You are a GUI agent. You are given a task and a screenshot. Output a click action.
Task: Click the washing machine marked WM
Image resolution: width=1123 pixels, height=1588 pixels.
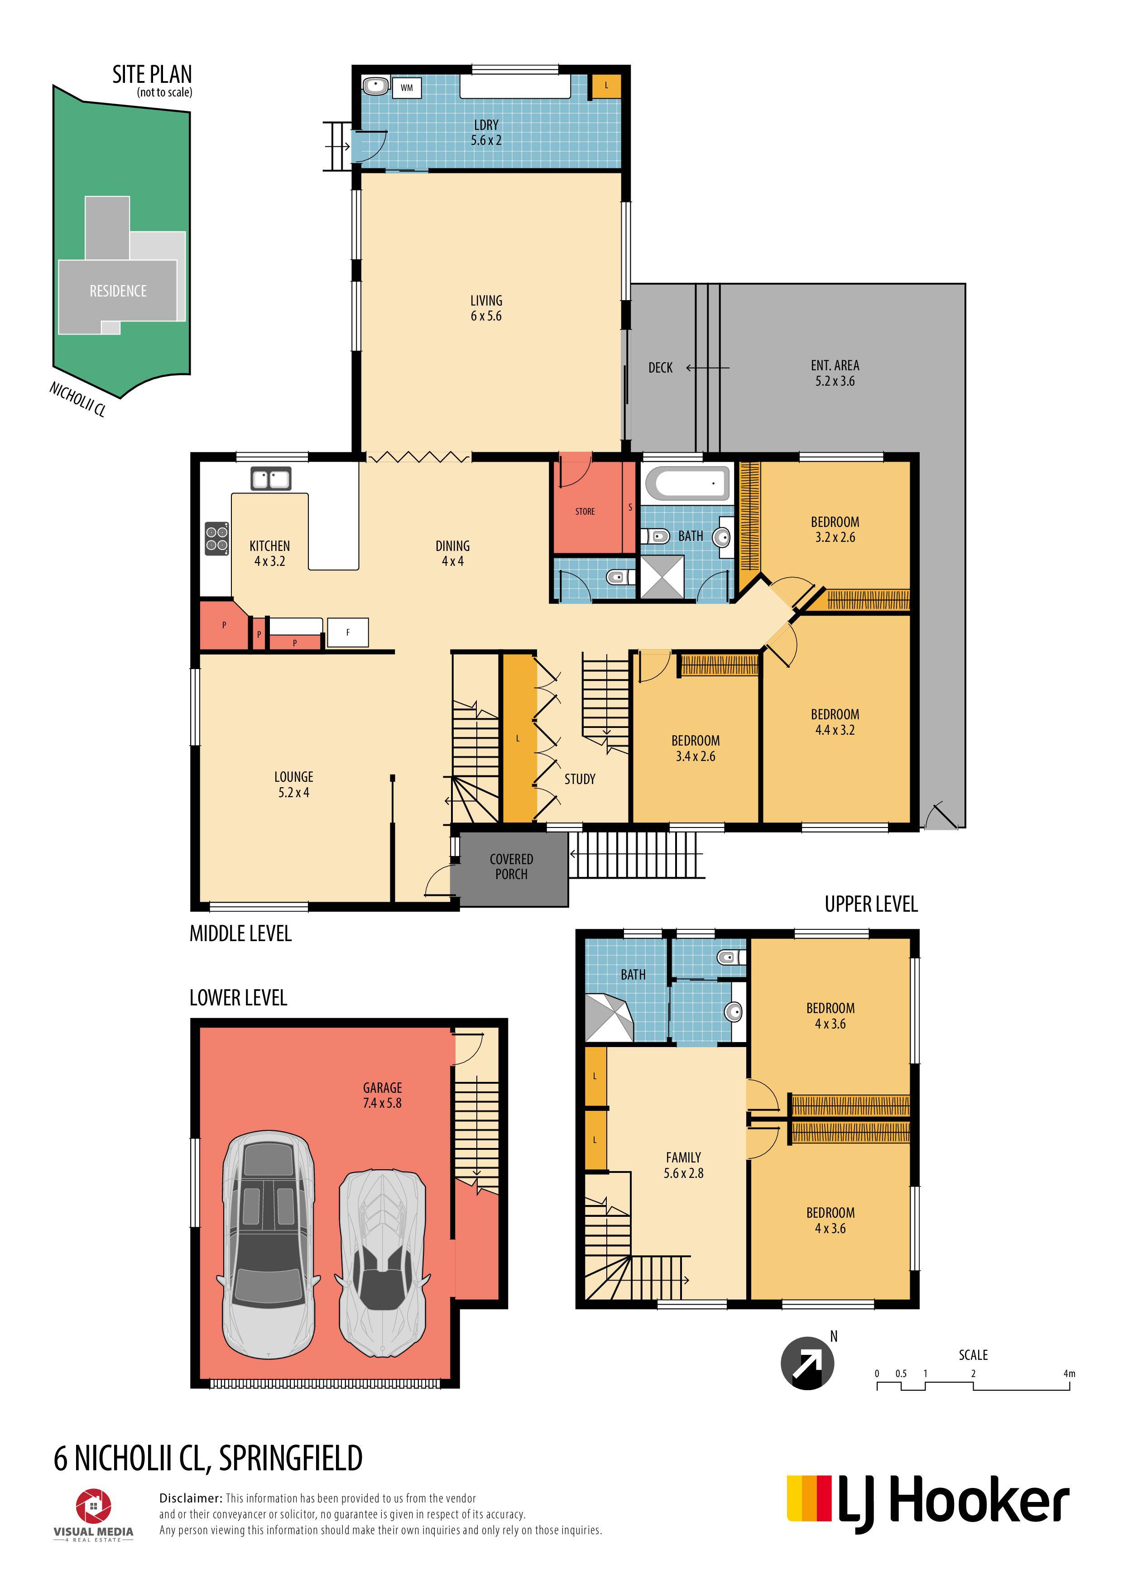[x=407, y=88]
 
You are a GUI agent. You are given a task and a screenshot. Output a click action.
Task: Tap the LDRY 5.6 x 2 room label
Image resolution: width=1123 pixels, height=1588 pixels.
[x=486, y=132]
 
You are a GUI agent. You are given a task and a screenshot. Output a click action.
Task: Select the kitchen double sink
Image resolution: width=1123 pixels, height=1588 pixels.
[x=270, y=478]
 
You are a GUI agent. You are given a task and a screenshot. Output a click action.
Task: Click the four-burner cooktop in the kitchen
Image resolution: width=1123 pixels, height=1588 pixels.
[x=216, y=539]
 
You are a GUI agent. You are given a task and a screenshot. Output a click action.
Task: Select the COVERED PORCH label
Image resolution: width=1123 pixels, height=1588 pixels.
[x=511, y=866]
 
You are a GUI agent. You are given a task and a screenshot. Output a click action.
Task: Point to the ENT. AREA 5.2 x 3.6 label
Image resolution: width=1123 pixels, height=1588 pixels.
[x=835, y=373]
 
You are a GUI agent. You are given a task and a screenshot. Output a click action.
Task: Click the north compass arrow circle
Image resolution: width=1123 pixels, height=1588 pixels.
[x=807, y=1363]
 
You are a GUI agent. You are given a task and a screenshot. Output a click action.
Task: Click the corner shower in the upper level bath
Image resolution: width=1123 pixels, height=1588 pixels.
[x=609, y=1018]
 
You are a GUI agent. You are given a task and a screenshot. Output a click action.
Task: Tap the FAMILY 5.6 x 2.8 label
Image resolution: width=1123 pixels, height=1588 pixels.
[x=684, y=1165]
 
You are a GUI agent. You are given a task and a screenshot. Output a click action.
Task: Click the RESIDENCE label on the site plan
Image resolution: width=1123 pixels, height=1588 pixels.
[x=118, y=291]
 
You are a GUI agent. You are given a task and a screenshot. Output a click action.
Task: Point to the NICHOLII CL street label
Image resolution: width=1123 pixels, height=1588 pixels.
[x=77, y=399]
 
